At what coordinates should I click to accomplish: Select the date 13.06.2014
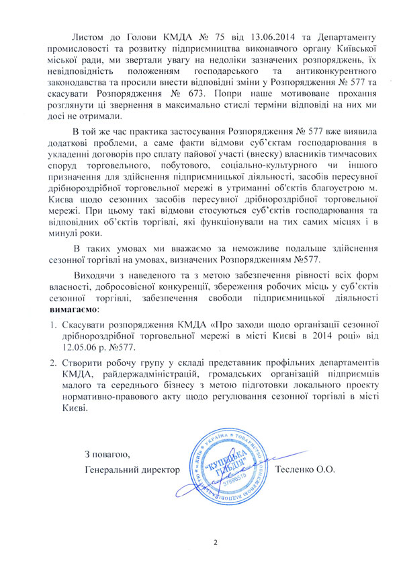click(246, 32)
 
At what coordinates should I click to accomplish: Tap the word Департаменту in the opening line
click(327, 32)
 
